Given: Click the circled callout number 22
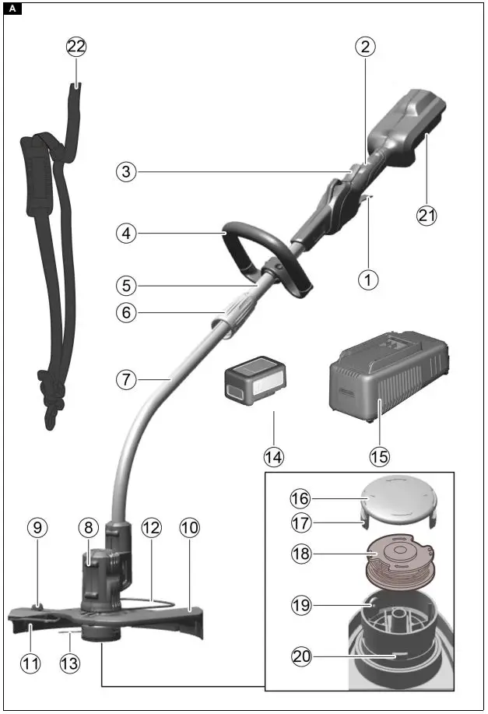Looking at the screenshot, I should (76, 47).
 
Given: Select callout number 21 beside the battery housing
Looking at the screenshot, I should (427, 216).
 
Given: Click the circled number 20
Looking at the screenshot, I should (301, 656).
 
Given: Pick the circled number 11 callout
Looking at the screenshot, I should (30, 663).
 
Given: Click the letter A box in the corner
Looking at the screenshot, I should (13, 10).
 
